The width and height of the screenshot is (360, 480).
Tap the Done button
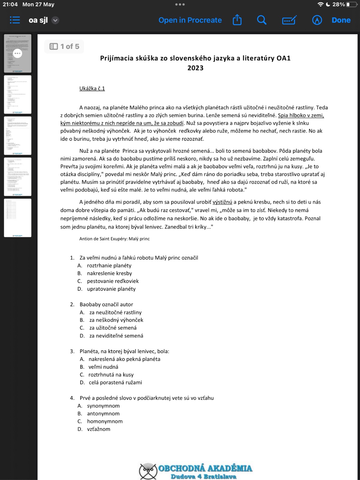341,20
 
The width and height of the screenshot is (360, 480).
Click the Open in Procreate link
190,20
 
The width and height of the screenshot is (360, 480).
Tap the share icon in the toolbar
237,20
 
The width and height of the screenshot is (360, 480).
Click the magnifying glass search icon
262,20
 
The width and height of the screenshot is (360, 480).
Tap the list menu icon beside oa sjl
15,20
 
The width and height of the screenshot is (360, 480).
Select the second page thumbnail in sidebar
17,94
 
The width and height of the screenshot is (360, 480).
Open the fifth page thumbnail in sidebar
17,218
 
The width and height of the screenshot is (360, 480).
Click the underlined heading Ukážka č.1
92,88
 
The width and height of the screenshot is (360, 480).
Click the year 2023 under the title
195,68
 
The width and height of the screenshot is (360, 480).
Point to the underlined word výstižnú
222,202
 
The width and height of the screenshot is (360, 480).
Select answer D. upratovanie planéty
111,289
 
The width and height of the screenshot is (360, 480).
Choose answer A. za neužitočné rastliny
115,312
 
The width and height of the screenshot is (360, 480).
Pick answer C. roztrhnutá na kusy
111,375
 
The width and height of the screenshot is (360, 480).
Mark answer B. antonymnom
103,414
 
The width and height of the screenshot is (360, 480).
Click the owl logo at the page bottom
148,471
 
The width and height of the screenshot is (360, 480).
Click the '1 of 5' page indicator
64,46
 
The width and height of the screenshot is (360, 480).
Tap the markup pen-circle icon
317,20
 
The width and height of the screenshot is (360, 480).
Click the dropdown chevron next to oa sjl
55,20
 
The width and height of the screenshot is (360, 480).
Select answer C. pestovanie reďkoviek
112,281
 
